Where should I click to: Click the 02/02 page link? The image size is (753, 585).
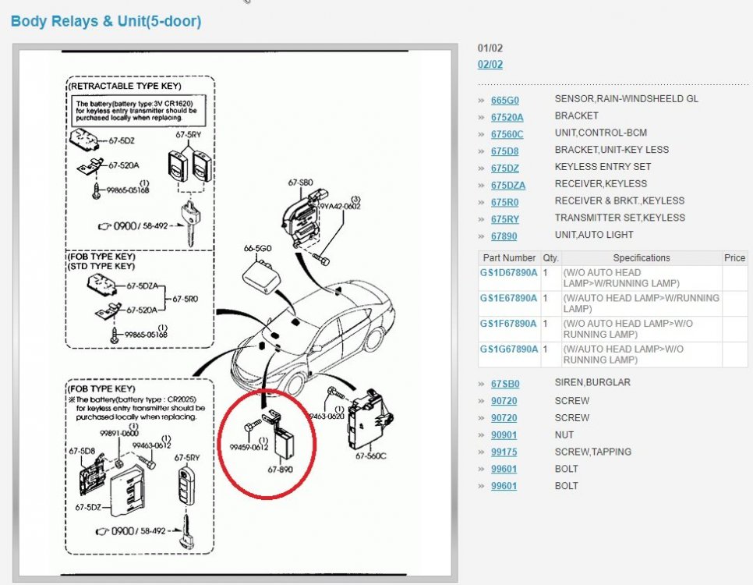point(490,65)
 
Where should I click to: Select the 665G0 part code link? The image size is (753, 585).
point(504,100)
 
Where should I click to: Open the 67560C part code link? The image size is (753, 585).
point(507,134)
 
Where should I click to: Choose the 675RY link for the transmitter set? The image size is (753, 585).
point(504,218)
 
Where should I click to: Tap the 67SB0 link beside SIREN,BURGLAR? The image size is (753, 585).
point(504,384)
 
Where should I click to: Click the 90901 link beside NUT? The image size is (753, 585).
point(504,435)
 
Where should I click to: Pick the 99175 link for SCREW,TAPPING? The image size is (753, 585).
point(504,452)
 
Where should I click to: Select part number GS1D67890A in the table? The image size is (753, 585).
point(508,272)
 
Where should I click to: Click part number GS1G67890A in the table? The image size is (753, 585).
point(508,349)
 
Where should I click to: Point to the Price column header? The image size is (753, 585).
point(734,258)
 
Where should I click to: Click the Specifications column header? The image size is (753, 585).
point(642,258)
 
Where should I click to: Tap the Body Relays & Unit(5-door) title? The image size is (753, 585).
point(106,22)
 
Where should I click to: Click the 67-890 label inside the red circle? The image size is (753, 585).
point(280,470)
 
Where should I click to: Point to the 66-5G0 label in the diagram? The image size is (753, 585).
point(256,248)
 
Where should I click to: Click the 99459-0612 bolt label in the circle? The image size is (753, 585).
point(249,447)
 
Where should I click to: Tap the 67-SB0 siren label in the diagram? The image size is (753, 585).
point(300,183)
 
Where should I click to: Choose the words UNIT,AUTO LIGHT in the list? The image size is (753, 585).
point(594,235)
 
